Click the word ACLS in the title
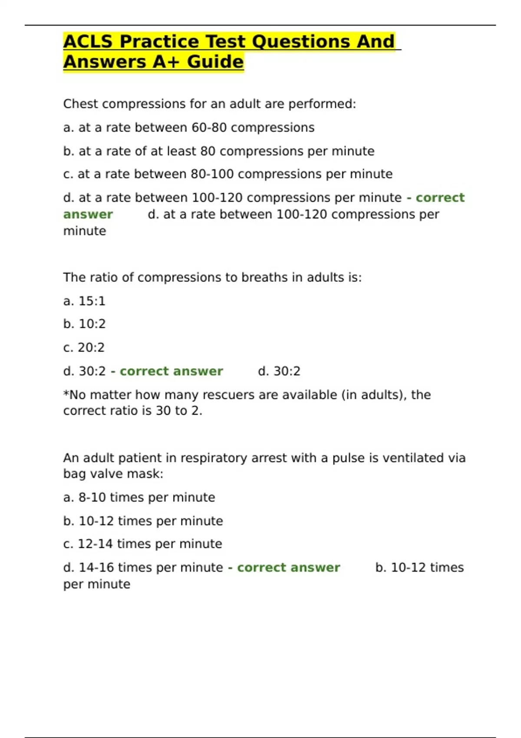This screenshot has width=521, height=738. [x=88, y=42]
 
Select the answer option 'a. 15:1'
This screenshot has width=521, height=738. [x=84, y=301]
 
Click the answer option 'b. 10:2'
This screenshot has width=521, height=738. [x=84, y=324]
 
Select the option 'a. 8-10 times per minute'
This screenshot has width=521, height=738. [x=139, y=497]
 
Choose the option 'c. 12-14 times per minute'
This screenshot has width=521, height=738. [x=142, y=544]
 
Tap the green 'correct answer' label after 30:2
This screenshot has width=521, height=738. [x=171, y=371]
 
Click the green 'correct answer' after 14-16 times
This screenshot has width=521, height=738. [x=288, y=567]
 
